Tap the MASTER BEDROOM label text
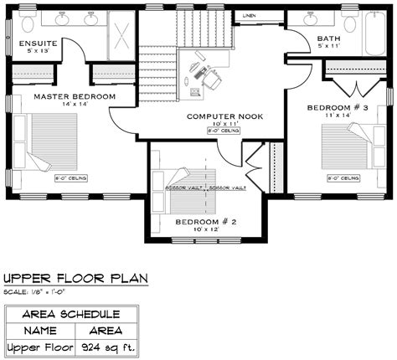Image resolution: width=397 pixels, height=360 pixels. pyautogui.click(x=64, y=96)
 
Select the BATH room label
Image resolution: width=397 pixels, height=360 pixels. pyautogui.click(x=328, y=39)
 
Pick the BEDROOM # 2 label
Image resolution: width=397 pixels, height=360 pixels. pyautogui.click(x=206, y=222)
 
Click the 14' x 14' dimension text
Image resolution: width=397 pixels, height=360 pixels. pyautogui.click(x=64, y=105)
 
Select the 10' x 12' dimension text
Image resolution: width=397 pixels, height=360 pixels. pyautogui.click(x=206, y=230)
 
